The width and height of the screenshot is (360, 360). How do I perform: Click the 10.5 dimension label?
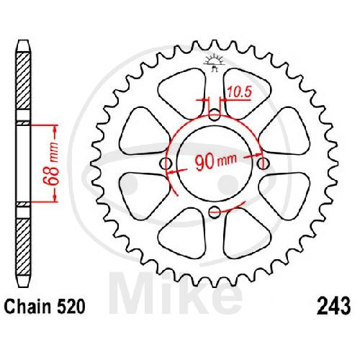tap(239, 92)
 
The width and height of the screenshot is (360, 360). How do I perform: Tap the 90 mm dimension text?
tap(215, 161)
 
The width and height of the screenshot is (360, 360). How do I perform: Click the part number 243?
tap(333, 307)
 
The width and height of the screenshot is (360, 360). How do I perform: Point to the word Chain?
tap(28, 307)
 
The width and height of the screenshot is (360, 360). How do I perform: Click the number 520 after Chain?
tap(71, 307)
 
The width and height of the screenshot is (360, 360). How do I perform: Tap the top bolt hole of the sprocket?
tap(215, 114)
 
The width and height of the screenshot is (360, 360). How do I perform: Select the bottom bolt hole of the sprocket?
tap(215, 211)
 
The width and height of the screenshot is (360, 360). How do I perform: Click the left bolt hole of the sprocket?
tap(166, 164)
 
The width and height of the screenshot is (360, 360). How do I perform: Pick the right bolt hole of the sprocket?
tap(263, 164)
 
